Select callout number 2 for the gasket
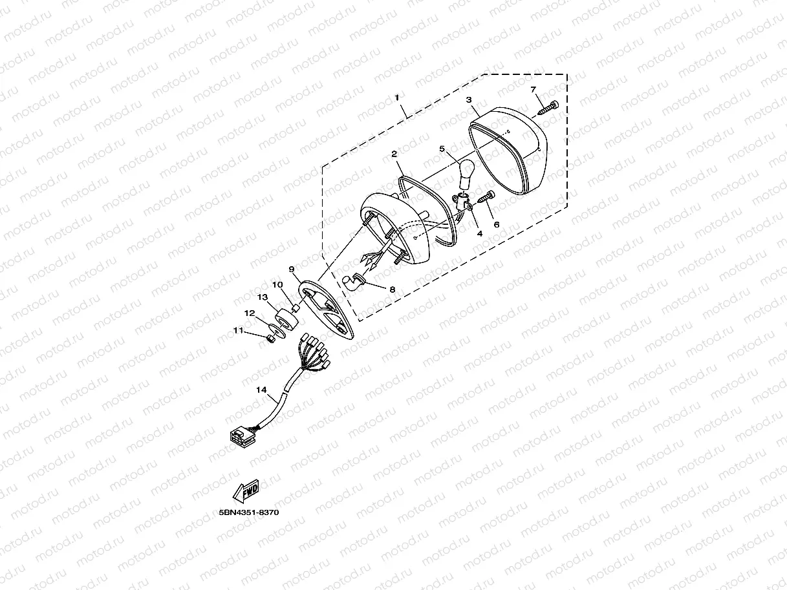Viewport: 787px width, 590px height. pos(393,154)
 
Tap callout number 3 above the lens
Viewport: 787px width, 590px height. pos(469,100)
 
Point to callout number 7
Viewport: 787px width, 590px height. pos(534,89)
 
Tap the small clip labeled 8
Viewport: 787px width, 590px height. pos(353,281)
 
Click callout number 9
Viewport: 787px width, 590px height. pos(292,268)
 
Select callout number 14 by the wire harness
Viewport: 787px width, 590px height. pos(261,390)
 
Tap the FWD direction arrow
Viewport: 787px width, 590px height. pos(246,492)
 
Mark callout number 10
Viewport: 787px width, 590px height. pos(277,284)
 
